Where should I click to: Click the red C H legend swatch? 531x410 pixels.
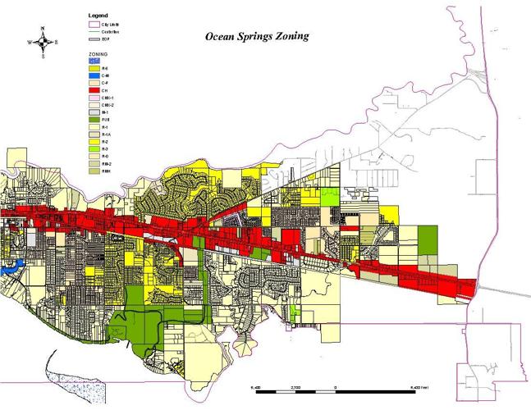coord(94,90)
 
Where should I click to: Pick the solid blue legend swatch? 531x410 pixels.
coord(94,75)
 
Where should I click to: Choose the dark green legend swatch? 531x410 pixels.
coord(94,120)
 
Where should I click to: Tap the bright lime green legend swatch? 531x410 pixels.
coord(94,148)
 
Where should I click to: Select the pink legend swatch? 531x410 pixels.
coord(94,98)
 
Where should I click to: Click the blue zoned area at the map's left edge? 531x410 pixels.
coord(7,267)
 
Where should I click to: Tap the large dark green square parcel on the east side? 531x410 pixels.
coord(428,241)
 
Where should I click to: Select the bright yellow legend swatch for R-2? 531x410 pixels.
coord(94,142)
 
